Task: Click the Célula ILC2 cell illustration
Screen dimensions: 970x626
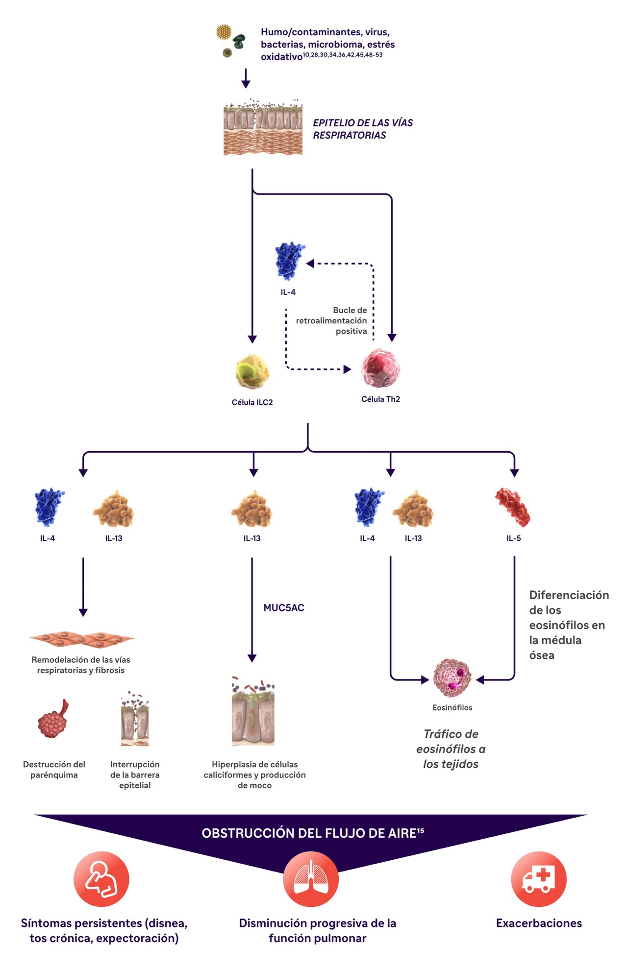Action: (x=252, y=371)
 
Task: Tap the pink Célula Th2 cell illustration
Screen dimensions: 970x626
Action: (x=380, y=368)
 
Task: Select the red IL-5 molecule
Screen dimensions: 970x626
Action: (x=513, y=507)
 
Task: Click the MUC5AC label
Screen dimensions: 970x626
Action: (x=284, y=607)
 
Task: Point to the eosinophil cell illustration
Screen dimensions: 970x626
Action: (x=452, y=679)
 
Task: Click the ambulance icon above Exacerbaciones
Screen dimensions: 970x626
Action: (x=538, y=879)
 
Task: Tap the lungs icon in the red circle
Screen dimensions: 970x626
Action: (x=311, y=879)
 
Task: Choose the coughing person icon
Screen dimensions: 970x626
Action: (x=101, y=879)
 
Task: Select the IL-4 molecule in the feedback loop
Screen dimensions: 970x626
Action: (x=290, y=261)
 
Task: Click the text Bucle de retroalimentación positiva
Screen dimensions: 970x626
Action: (x=331, y=320)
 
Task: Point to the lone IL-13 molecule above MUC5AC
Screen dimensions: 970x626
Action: (x=252, y=509)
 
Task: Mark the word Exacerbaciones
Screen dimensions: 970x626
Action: (x=539, y=923)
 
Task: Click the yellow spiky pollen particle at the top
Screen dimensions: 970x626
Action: (x=224, y=32)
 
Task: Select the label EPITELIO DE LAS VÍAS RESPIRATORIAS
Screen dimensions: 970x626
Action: (x=363, y=129)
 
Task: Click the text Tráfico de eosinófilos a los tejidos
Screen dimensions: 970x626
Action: (x=451, y=749)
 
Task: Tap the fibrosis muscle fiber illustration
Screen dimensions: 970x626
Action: (x=82, y=639)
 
